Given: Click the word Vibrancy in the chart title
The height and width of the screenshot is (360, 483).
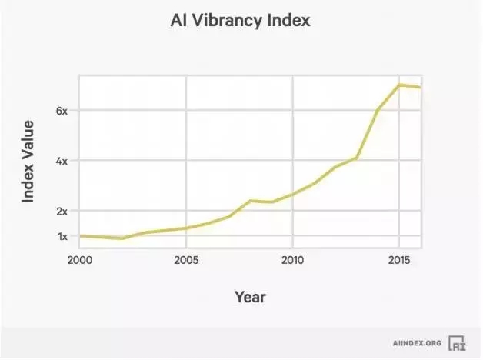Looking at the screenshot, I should tap(226, 21).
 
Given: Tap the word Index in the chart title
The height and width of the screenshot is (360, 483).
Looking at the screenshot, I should tap(287, 21).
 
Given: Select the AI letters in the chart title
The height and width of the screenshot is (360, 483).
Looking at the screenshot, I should tap(178, 21).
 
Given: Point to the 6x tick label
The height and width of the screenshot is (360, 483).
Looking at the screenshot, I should tap(62, 111).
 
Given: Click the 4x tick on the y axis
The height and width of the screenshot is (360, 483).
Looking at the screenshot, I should tap(62, 161).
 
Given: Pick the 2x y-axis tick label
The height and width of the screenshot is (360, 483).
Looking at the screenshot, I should tap(62, 211).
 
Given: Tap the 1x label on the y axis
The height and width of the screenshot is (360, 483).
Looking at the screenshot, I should tap(62, 236).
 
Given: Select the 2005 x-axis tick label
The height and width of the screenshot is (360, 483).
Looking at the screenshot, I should tap(185, 260).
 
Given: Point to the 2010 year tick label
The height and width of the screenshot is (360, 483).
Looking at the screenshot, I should tap(291, 260).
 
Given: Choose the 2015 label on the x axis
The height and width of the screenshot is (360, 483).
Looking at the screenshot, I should tap(398, 260).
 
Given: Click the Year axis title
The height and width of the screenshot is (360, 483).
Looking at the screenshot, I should tap(250, 295).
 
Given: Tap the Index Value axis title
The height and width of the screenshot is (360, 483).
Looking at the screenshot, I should tap(28, 161).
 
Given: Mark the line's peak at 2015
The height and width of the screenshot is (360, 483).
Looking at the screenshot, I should tap(398, 85).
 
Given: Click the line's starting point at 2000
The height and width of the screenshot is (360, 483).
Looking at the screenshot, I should tap(80, 236).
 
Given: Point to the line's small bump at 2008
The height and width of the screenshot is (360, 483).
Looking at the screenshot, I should tap(249, 201).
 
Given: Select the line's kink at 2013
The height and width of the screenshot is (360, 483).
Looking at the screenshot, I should tap(356, 158).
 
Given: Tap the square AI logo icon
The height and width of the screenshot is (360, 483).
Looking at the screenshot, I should tap(458, 343).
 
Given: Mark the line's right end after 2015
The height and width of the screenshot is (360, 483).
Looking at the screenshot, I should tap(420, 88).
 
